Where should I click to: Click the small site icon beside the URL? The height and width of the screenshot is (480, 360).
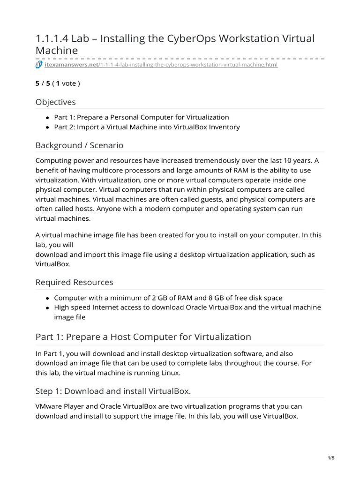[x=39, y=65]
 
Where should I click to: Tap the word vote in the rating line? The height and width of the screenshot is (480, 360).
[x=69, y=83]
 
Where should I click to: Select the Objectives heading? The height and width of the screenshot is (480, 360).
[x=55, y=102]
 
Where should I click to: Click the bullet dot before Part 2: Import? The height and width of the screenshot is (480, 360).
[x=48, y=127]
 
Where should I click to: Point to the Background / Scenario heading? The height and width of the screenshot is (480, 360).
[x=79, y=145]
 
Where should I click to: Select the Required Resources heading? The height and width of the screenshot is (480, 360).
[x=74, y=282]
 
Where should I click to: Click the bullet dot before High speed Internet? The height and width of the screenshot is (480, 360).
[x=48, y=307]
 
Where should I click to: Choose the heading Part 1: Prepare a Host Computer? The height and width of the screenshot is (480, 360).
[x=143, y=337]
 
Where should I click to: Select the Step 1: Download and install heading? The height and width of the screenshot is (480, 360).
[x=113, y=391]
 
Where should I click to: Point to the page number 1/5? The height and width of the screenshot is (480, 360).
[x=331, y=458]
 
